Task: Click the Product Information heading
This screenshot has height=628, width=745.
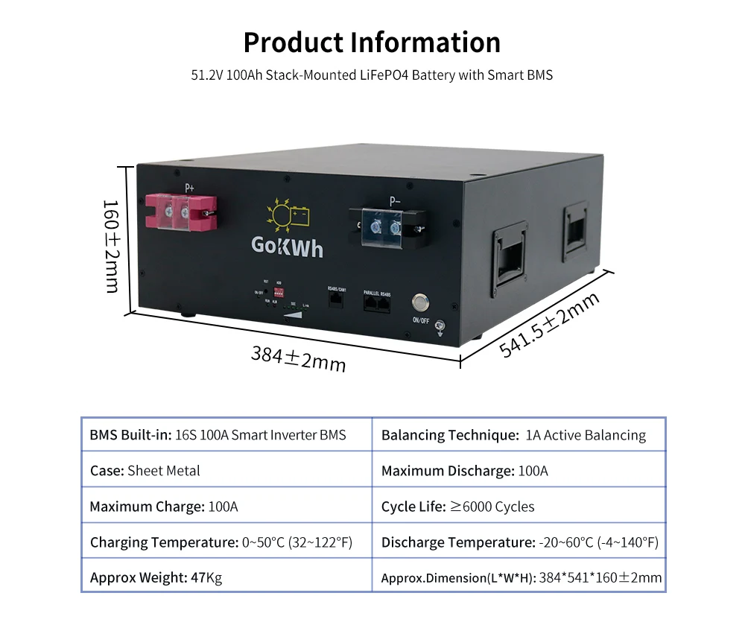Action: [372, 42]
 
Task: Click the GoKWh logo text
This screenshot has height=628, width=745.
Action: [287, 247]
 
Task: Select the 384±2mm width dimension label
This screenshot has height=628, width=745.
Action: [298, 358]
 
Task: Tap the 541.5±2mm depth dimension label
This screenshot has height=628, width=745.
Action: [550, 325]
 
